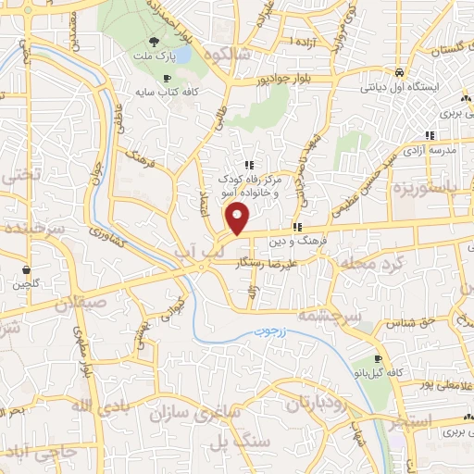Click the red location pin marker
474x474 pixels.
click(x=239, y=218)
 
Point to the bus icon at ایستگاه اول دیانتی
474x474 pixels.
click(x=398, y=71)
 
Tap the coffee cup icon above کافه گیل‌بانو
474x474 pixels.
click(x=378, y=358)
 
